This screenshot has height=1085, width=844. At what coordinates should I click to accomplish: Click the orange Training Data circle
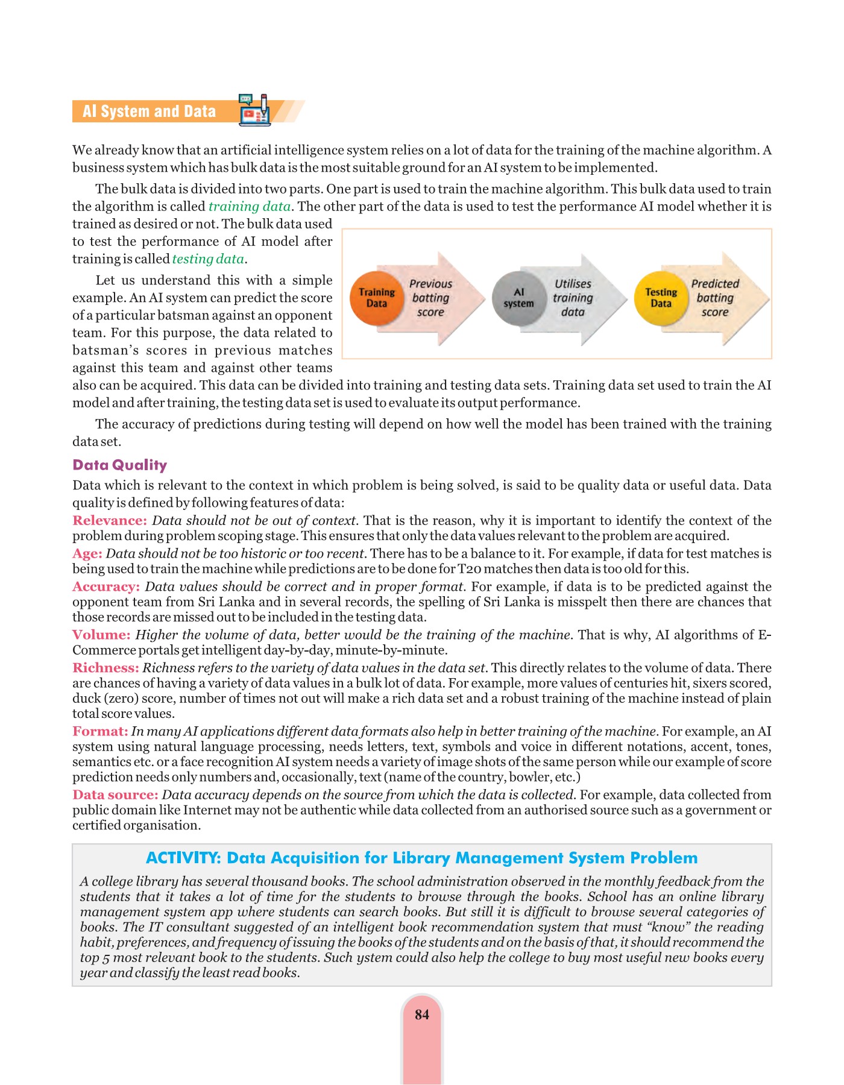(x=377, y=298)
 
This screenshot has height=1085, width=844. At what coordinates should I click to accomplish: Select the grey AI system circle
(x=518, y=298)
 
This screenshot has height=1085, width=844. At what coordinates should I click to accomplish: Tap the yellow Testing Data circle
(x=661, y=298)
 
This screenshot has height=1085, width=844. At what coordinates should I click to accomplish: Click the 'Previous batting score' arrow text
(x=430, y=298)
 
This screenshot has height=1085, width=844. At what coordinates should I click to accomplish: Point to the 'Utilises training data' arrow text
(x=573, y=298)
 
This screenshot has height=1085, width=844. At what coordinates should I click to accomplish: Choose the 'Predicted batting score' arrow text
(x=715, y=298)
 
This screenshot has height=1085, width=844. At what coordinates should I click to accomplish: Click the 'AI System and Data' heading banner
(x=150, y=112)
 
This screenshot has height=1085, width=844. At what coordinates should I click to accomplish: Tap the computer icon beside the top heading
(x=254, y=110)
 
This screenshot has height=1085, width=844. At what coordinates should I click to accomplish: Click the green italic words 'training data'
(x=250, y=206)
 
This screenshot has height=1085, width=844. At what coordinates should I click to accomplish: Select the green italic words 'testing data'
(x=208, y=259)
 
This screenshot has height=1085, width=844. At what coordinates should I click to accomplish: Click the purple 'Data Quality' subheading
(x=119, y=465)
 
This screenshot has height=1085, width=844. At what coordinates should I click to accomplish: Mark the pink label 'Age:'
(x=87, y=553)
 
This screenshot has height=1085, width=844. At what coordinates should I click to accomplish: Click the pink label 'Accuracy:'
(x=106, y=587)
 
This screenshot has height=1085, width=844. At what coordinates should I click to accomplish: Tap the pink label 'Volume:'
(x=101, y=635)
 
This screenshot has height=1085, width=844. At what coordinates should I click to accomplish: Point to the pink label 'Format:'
(x=100, y=731)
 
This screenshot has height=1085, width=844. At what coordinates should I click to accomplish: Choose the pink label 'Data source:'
(x=115, y=794)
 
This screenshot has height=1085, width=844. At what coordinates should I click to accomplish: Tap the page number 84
(x=422, y=1014)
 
